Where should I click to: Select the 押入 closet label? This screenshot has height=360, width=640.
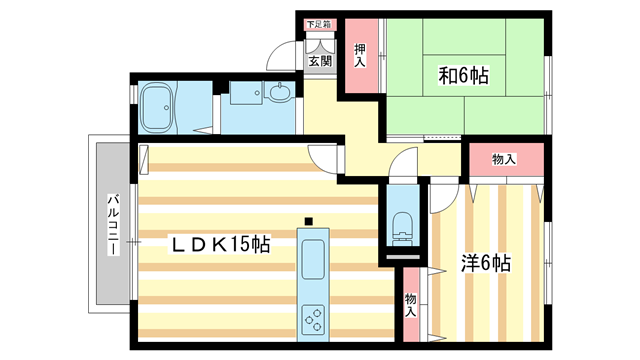(360, 55)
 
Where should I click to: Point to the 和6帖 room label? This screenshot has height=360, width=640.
(461, 75)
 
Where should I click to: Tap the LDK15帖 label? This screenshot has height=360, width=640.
(218, 244)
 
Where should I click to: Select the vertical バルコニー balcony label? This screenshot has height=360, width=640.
(113, 222)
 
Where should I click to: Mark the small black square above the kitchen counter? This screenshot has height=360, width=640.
(310, 221)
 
